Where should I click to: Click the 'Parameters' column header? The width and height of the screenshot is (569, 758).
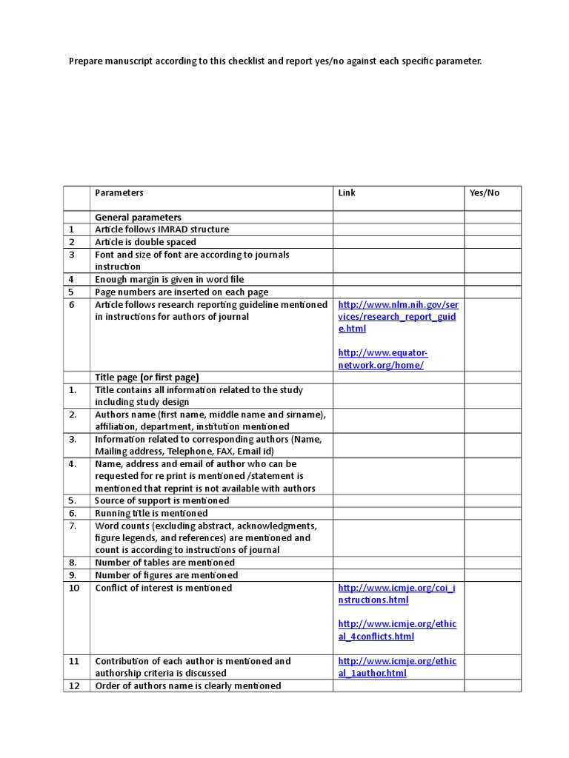coord(119,193)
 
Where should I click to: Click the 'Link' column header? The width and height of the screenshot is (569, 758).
coord(347,193)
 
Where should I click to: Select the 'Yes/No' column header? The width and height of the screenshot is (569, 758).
coord(485,193)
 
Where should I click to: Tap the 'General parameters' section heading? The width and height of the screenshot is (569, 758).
coord(138,218)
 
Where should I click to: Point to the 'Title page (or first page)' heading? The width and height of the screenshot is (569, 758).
coord(147,378)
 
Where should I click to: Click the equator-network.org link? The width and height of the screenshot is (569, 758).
coord(382,360)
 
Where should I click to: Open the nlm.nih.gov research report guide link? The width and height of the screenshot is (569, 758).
coord(398,317)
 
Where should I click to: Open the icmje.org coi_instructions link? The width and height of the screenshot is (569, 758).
coord(397,594)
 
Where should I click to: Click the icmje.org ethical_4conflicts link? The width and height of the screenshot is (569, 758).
coord(397,630)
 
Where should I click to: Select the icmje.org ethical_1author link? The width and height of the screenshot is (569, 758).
coord(397,667)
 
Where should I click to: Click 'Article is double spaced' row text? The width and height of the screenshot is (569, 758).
coord(146,242)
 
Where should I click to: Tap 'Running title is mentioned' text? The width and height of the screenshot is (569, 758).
coord(151,513)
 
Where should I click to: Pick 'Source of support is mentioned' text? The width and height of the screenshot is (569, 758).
coord(162,500)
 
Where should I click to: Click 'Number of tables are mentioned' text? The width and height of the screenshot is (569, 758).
coord(165,563)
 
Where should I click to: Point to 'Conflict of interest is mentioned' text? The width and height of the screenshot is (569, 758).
coord(164,588)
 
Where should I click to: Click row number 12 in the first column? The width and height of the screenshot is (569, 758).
coord(74,685)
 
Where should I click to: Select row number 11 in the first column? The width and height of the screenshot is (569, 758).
coord(74,661)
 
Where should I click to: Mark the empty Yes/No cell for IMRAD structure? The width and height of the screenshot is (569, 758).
coord(493,229)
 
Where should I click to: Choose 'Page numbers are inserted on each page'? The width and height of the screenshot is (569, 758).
coord(182,292)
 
